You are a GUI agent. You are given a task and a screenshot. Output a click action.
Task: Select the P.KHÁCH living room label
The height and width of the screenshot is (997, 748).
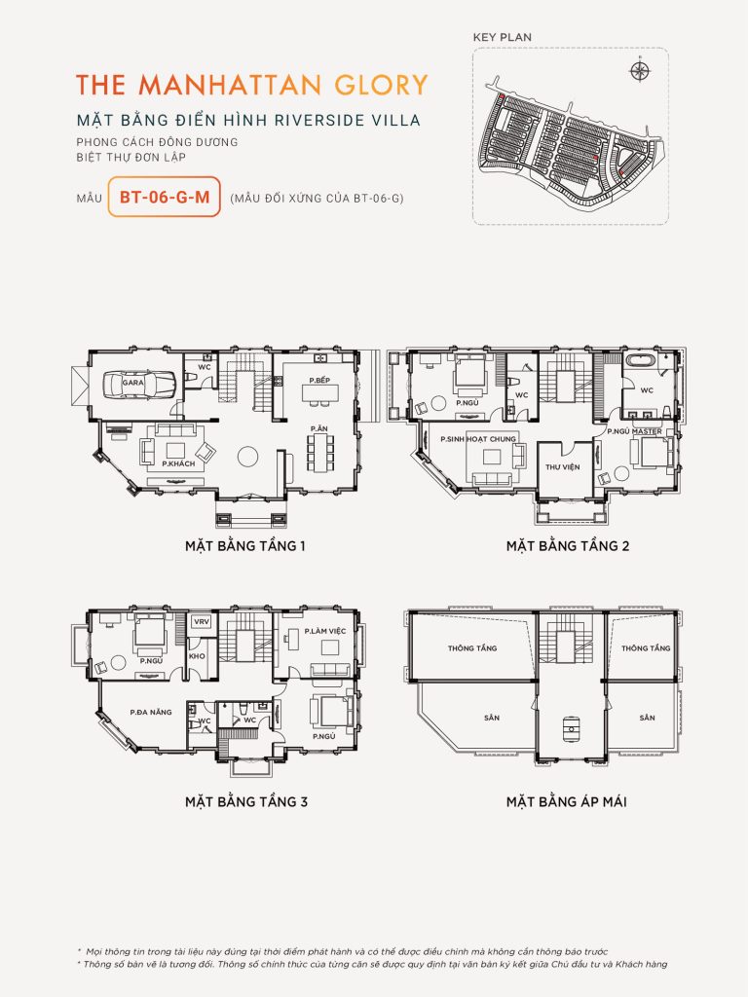(x=172, y=463)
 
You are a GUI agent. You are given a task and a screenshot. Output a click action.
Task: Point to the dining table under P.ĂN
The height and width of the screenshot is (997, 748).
(x=318, y=451)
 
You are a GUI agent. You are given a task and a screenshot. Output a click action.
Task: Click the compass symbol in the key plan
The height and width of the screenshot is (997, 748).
(x=639, y=70)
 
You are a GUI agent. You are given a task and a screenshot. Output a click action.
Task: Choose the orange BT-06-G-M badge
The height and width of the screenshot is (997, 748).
(x=164, y=197)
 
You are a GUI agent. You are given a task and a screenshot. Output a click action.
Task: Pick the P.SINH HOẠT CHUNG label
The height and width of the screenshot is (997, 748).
(x=479, y=439)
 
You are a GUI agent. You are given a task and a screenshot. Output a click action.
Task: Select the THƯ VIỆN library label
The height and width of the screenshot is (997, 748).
(x=560, y=467)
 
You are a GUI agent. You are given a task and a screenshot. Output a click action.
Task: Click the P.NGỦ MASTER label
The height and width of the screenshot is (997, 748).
(x=634, y=431)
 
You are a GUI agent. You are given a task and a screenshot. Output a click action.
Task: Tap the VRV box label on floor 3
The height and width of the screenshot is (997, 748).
(x=202, y=621)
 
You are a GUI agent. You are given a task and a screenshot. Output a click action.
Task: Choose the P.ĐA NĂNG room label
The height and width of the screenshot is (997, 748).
(x=150, y=712)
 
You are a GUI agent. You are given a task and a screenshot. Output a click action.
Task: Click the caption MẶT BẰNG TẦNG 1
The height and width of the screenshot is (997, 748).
(x=245, y=545)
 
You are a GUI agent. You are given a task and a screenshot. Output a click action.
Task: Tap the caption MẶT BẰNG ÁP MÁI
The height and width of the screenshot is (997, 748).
(x=566, y=802)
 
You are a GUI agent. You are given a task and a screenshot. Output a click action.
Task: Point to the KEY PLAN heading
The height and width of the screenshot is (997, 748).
(x=502, y=37)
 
